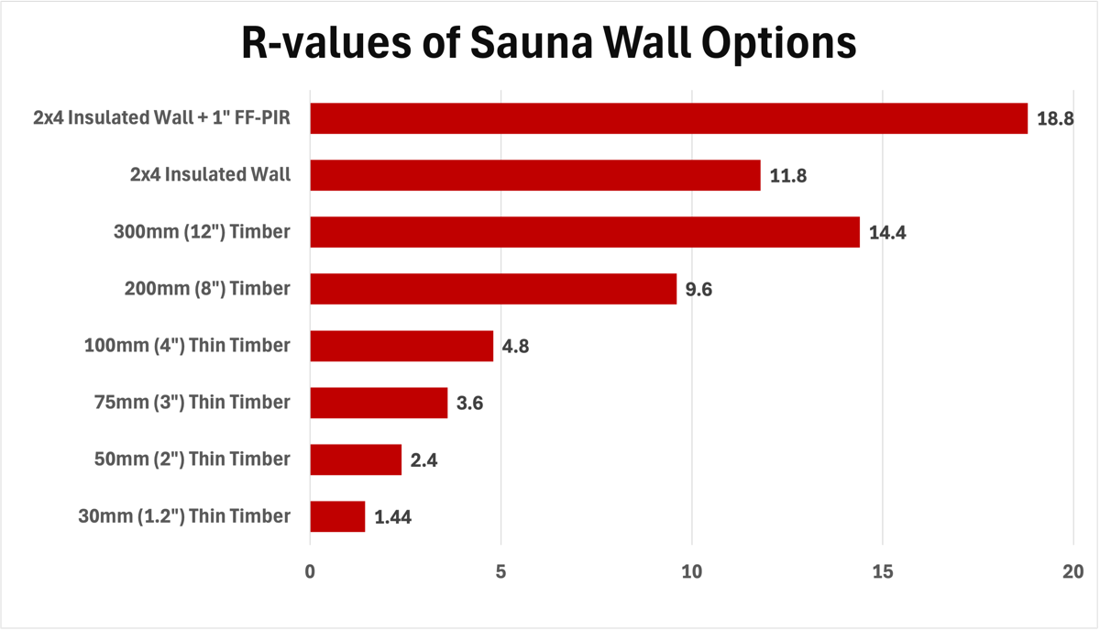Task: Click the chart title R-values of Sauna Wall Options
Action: point(549,43)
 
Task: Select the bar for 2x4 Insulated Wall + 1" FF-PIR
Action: point(668,118)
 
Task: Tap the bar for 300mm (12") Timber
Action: point(585,232)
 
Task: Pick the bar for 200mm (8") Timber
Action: point(493,289)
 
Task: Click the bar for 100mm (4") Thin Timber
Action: point(401,346)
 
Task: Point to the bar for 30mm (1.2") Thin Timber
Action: point(337,516)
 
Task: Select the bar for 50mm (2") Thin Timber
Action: point(356,459)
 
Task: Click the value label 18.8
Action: point(1055,119)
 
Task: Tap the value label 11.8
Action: point(788,176)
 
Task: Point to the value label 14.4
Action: point(887,233)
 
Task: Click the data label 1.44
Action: point(392,517)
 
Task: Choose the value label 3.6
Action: point(469,404)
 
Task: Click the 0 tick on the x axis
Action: point(310,571)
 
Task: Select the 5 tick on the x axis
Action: point(500,571)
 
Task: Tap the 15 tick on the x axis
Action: point(882,571)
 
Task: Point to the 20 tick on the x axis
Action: point(1072,571)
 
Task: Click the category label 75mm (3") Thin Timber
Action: point(192,402)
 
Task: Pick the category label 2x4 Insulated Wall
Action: point(212,174)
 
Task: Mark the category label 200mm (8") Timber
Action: point(207,288)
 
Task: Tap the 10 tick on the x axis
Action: point(691,571)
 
